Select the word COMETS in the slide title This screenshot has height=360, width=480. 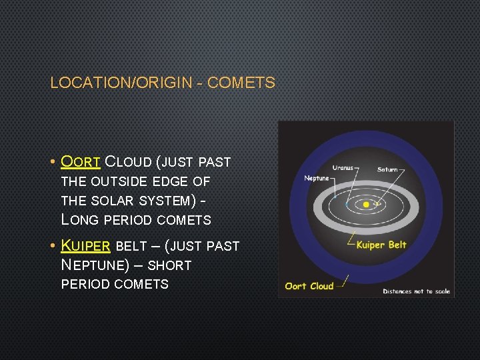241,83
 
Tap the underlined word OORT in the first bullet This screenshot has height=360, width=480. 81,162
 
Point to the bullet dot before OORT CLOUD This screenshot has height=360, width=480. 52,162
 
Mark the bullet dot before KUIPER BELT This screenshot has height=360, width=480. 52,246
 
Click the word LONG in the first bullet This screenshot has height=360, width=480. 79,219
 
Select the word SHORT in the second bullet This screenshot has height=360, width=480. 169,265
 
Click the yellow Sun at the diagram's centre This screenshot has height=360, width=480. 366,205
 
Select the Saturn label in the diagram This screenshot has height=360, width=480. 387,169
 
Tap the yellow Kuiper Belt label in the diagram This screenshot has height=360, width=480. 381,245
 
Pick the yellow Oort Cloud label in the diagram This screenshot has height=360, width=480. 309,286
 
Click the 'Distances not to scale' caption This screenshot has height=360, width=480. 416,291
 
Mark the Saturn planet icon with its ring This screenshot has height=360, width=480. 377,205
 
